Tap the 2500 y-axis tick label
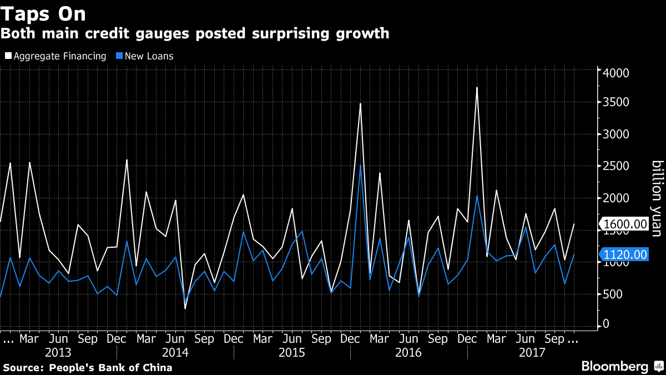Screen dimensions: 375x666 [x=615, y=166]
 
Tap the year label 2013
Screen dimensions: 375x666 [x=58, y=353]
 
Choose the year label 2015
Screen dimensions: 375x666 [x=292, y=353]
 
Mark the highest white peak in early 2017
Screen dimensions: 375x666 [x=477, y=88]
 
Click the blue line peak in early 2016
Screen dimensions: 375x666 [x=360, y=166]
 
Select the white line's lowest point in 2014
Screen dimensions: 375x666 [x=185, y=308]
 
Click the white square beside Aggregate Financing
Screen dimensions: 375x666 [x=7, y=56]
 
